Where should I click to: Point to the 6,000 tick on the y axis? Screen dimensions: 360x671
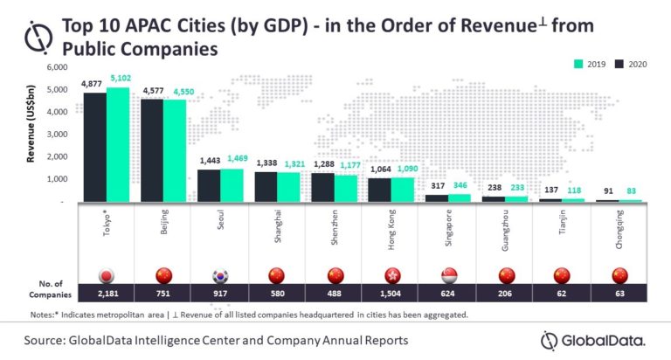tap(55, 67)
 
